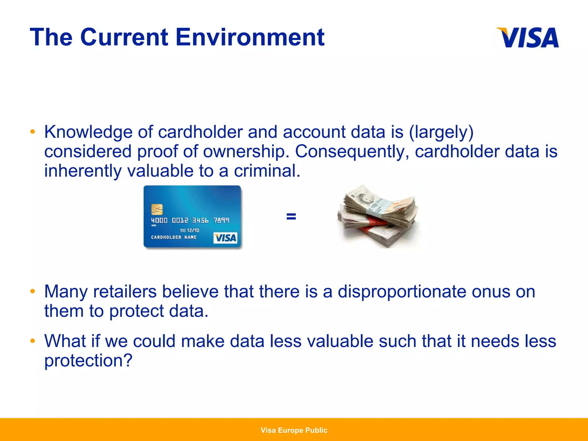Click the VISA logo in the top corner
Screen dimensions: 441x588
click(x=528, y=38)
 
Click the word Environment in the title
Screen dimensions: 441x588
click(x=250, y=37)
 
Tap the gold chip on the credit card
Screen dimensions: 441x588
click(x=157, y=210)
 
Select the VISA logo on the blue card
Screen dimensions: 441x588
click(x=225, y=238)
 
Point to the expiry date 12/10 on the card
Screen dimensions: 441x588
click(x=193, y=230)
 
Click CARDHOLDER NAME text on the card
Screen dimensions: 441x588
click(x=174, y=237)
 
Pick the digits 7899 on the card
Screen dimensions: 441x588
click(x=221, y=220)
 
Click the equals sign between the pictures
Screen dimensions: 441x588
click(x=291, y=216)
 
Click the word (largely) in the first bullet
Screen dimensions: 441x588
click(x=441, y=132)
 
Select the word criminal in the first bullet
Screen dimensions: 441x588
click(x=267, y=171)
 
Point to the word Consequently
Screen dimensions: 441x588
click(x=352, y=152)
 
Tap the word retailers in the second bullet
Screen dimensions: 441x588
click(x=125, y=292)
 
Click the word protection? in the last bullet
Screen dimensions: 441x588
click(x=88, y=360)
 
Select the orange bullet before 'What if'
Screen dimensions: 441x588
click(x=33, y=341)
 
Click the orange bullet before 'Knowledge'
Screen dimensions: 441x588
click(x=33, y=132)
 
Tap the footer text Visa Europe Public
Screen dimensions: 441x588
click(x=294, y=430)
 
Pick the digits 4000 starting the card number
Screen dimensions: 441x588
click(x=159, y=220)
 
